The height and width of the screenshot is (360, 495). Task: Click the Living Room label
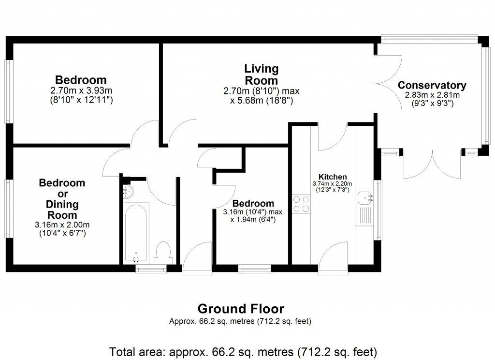[261, 75]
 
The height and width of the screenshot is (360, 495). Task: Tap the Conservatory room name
[432, 86]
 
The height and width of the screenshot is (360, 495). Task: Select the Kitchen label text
[332, 177]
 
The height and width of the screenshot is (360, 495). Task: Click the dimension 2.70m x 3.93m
[81, 90]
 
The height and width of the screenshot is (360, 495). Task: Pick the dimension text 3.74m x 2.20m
[332, 183]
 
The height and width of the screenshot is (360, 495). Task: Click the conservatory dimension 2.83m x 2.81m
[432, 95]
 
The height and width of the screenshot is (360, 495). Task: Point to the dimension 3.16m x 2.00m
[62, 225]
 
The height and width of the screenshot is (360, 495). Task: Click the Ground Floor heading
[241, 309]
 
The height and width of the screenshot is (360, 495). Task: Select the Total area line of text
[243, 351]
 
